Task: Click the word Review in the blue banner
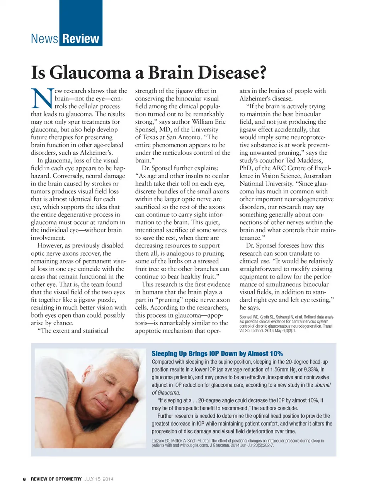81,39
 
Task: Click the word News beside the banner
44,39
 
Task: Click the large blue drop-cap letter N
42,98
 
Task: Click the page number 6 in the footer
24,479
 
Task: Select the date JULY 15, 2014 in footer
99,479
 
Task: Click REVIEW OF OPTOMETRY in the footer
56,479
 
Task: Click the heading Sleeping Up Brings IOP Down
217,354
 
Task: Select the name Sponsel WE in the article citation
249,317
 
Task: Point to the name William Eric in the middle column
209,121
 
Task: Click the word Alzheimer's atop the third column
256,98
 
